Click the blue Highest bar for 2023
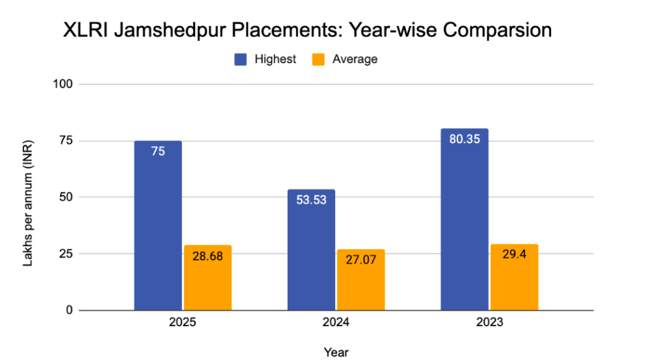tap(465, 221)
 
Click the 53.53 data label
tap(311, 200)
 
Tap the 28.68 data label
tap(208, 256)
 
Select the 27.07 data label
tap(360, 260)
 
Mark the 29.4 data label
tap(514, 255)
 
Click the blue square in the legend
tap(241, 59)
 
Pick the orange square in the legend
tap(318, 59)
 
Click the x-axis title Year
tap(336, 352)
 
